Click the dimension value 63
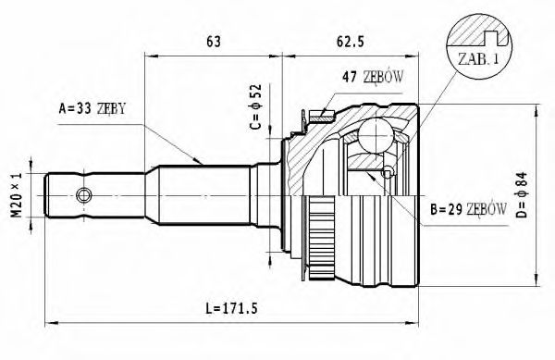[x=213, y=42]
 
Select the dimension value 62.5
[x=350, y=42]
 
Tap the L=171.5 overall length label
[x=231, y=309]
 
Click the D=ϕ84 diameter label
[x=522, y=194]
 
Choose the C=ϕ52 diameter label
[x=255, y=106]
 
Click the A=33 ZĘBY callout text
[x=92, y=108]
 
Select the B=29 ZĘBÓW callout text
[x=468, y=209]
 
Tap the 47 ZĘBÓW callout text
[x=373, y=77]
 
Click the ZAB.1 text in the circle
[x=478, y=58]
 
